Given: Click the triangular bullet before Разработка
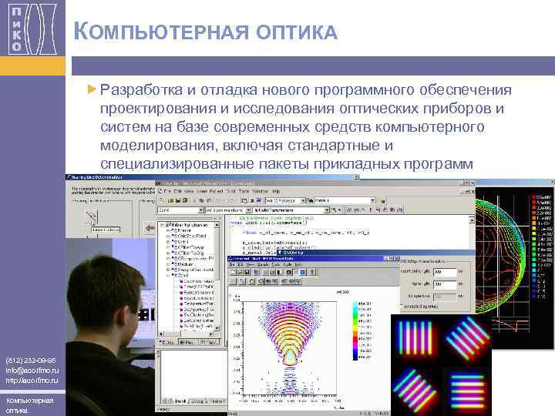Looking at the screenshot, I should pos(93,89).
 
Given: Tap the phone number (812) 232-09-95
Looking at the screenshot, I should pos(30,360).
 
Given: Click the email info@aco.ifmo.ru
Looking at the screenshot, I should pos(30,370).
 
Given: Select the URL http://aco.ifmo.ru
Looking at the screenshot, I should pos(30,381).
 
